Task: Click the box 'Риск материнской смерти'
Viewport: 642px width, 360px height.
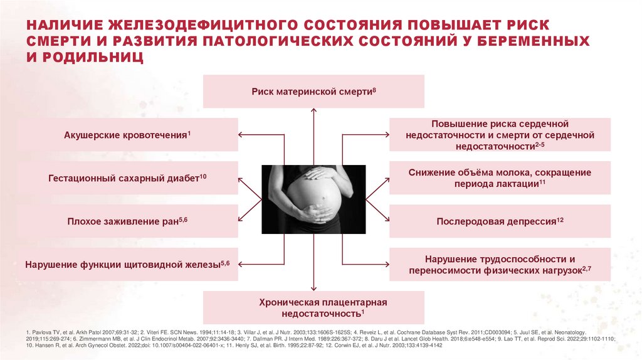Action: tap(313, 92)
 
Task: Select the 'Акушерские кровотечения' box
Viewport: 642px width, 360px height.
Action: tap(127, 135)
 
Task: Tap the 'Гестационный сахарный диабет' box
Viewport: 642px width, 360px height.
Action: tap(127, 178)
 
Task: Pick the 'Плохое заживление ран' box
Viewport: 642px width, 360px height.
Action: tap(127, 221)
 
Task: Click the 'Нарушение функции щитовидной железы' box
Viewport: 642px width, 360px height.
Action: tap(127, 265)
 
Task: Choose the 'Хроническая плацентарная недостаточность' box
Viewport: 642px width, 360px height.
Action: tap(313, 307)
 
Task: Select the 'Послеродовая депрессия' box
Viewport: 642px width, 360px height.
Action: tap(500, 221)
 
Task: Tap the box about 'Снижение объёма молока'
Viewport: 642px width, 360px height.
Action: tap(500, 178)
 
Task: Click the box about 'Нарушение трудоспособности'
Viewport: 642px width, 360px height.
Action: tap(500, 265)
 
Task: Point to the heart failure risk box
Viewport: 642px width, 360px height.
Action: tap(500, 135)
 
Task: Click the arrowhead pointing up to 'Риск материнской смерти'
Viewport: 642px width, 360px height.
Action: tap(313, 110)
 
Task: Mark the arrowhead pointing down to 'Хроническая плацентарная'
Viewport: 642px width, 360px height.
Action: tap(313, 289)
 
